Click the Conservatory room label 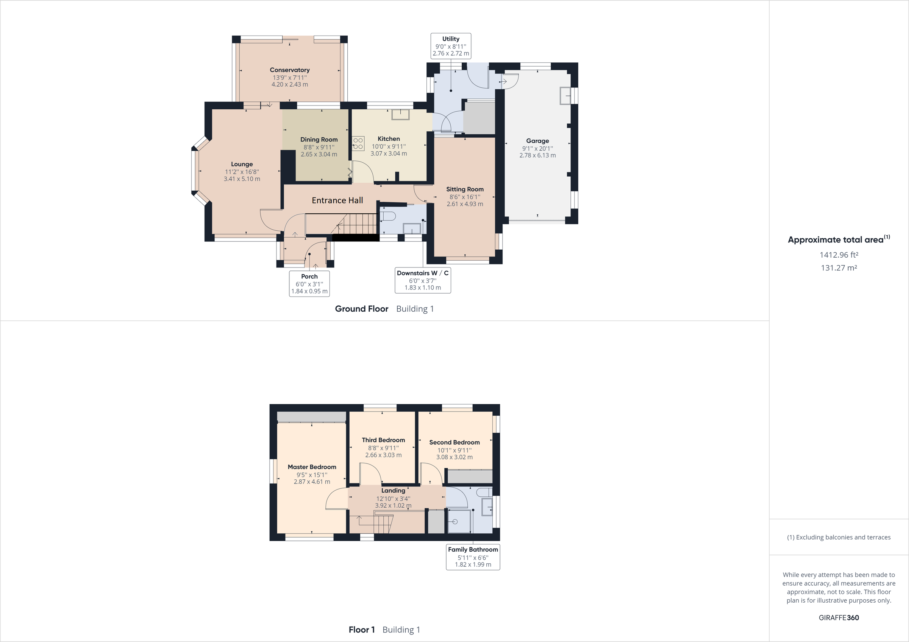pyautogui.click(x=289, y=70)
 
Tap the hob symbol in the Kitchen pyautogui.click(x=358, y=144)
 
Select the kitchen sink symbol pyautogui.click(x=400, y=114)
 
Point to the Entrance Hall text pyautogui.click(x=337, y=201)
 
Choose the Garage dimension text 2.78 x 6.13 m pyautogui.click(x=537, y=155)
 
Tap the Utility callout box pyautogui.click(x=451, y=46)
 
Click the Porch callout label pyautogui.click(x=309, y=284)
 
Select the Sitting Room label pyautogui.click(x=465, y=190)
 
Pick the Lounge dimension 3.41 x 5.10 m pyautogui.click(x=242, y=179)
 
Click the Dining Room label pyautogui.click(x=319, y=140)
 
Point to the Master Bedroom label pyautogui.click(x=312, y=467)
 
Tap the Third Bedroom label pyautogui.click(x=383, y=440)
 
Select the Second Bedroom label pyautogui.click(x=454, y=443)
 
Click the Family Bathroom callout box pyautogui.click(x=473, y=557)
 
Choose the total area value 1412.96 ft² pyautogui.click(x=839, y=255)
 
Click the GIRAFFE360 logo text pyautogui.click(x=839, y=617)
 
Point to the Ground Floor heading pyautogui.click(x=361, y=309)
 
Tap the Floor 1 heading pyautogui.click(x=361, y=630)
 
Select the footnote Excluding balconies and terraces pyautogui.click(x=839, y=537)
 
